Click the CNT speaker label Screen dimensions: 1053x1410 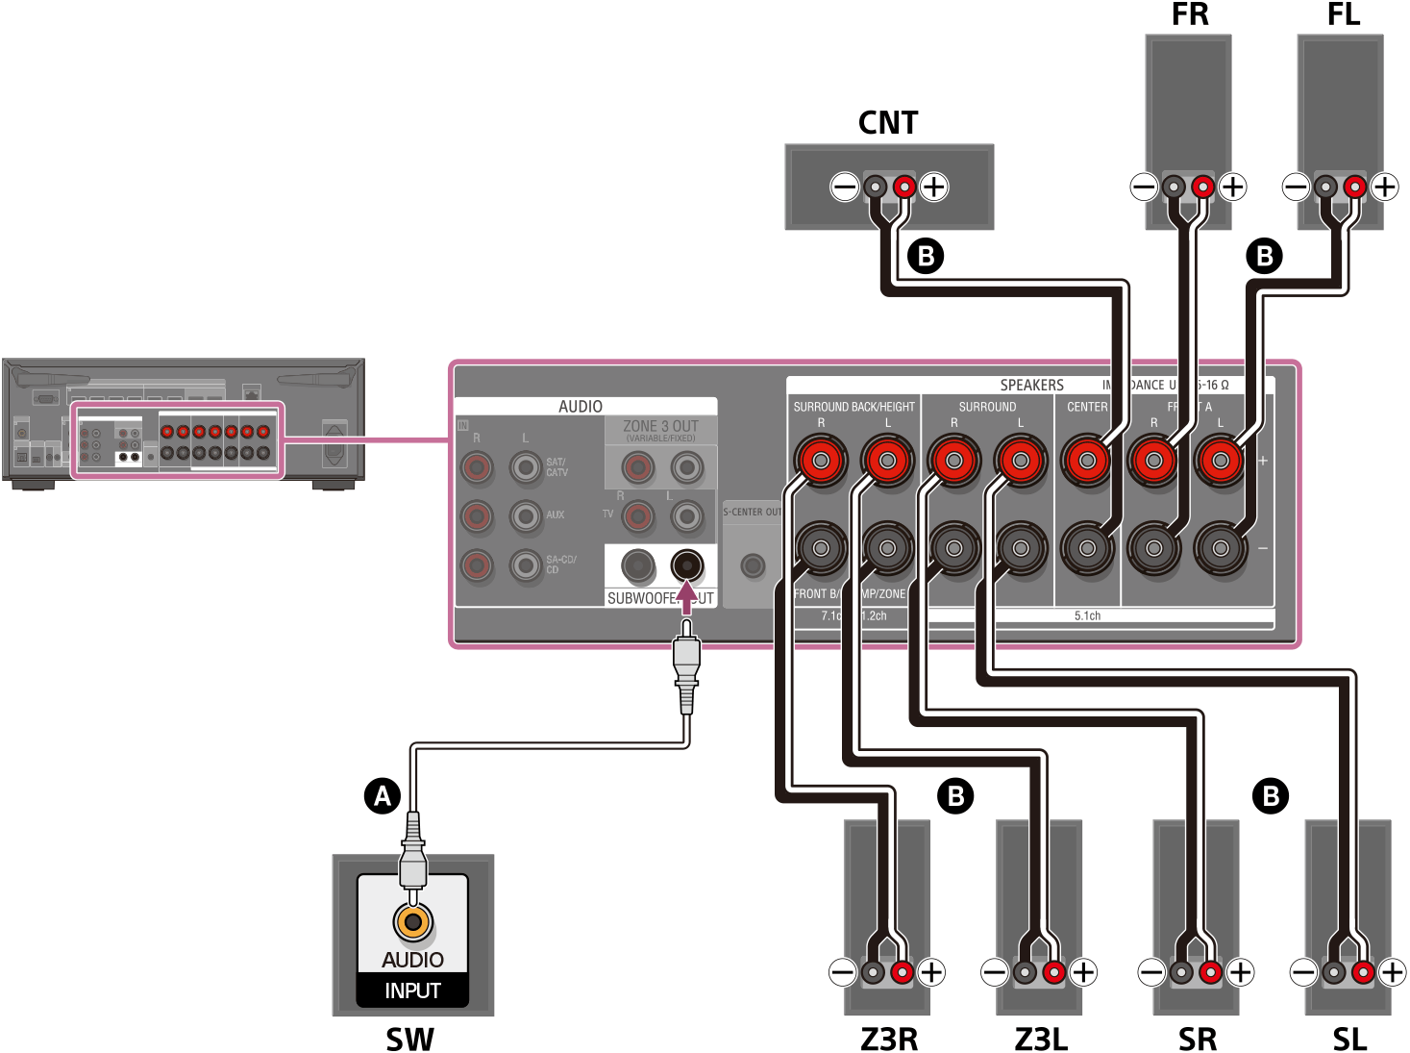pos(888,123)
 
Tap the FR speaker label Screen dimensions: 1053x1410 pos(1190,14)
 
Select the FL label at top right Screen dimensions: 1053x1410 pos(1343,14)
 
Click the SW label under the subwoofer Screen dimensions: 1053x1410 pos(410,1039)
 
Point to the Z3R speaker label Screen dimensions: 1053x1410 pos(889,1039)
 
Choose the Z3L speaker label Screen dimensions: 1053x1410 pos(1041,1039)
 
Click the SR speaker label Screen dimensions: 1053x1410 pos(1198,1039)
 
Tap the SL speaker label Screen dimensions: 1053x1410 pos(1349,1039)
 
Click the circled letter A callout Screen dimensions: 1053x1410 pos(383,796)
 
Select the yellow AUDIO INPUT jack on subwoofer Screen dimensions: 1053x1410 pos(413,921)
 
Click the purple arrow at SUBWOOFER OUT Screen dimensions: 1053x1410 pos(686,598)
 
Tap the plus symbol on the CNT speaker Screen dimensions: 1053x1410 pos(933,187)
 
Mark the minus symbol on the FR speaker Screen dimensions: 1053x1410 pos(1144,187)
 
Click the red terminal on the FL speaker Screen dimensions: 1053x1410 pos(1354,186)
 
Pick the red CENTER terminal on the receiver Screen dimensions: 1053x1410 pos(1087,461)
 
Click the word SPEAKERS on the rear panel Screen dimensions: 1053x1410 pos(1031,385)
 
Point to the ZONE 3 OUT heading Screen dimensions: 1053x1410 pos(660,426)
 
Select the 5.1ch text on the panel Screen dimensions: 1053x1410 pos(1087,615)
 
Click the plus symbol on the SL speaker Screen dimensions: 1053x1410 pos(1392,973)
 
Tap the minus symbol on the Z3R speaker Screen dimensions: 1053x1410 pos(843,972)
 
